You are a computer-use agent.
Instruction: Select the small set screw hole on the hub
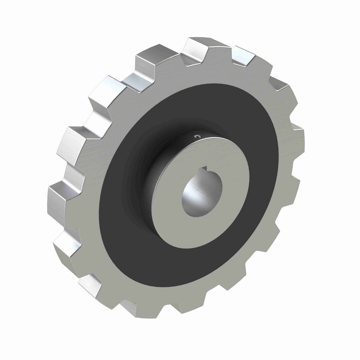(197, 136)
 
